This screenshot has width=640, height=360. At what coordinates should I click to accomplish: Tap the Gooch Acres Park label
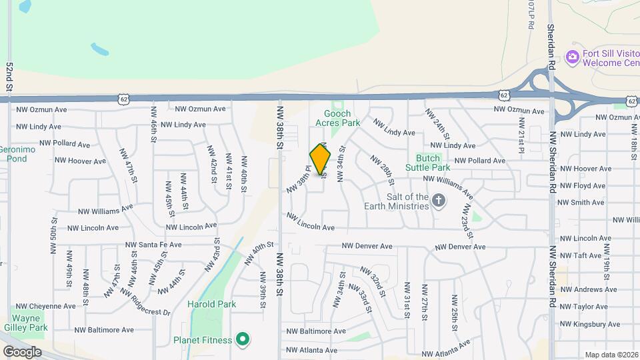[x=337, y=118]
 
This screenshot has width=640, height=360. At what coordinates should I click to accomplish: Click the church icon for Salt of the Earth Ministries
[x=439, y=200]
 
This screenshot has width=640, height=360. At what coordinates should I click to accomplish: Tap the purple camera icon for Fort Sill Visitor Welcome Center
[x=572, y=57]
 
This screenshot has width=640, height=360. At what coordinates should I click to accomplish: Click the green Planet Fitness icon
[x=243, y=340]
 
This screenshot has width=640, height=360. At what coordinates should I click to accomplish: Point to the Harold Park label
[x=212, y=305]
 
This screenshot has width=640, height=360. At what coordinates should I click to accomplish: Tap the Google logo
[x=21, y=352]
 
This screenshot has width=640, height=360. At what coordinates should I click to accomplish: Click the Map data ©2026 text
[x=611, y=355]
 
